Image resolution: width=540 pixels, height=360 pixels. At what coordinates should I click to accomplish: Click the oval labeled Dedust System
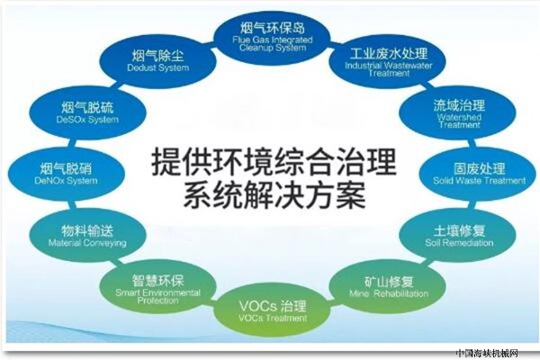pos(157,62)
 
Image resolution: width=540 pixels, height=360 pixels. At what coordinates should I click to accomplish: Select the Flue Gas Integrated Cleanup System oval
pos(272,36)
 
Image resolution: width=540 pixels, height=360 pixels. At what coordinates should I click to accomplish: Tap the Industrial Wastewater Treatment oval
pos(388,62)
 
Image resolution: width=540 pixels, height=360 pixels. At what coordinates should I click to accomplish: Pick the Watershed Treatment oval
pos(458,113)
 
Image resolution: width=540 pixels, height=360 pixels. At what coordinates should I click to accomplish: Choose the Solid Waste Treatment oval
pos(479,174)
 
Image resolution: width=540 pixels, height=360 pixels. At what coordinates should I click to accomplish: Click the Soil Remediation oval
pos(458,236)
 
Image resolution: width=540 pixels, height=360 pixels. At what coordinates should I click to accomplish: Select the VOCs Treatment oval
pos(272,311)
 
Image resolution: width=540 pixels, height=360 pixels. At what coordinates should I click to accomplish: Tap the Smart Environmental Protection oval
pos(157,287)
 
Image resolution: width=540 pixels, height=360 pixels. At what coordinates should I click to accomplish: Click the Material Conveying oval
pos(87,236)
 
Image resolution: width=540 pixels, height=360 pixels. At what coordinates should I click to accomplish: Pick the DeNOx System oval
pos(66,174)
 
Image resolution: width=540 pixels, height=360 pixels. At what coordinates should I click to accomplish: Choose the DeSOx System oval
pos(87,113)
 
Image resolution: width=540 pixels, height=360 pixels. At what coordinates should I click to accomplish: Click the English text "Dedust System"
pos(158,67)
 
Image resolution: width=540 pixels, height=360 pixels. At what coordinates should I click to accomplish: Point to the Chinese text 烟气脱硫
pos(87,107)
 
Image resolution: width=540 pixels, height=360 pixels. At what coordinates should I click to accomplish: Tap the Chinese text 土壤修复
pos(459,230)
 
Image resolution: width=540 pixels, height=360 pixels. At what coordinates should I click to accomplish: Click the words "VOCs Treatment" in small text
pos(273,318)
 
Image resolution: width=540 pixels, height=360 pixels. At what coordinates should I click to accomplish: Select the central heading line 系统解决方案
pos(274,196)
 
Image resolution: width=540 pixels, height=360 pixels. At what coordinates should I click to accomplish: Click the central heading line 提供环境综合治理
pos(274,161)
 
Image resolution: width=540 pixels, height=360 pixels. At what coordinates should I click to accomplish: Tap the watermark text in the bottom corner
pos(487,354)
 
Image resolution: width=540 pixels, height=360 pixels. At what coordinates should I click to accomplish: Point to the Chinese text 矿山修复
pos(389,282)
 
